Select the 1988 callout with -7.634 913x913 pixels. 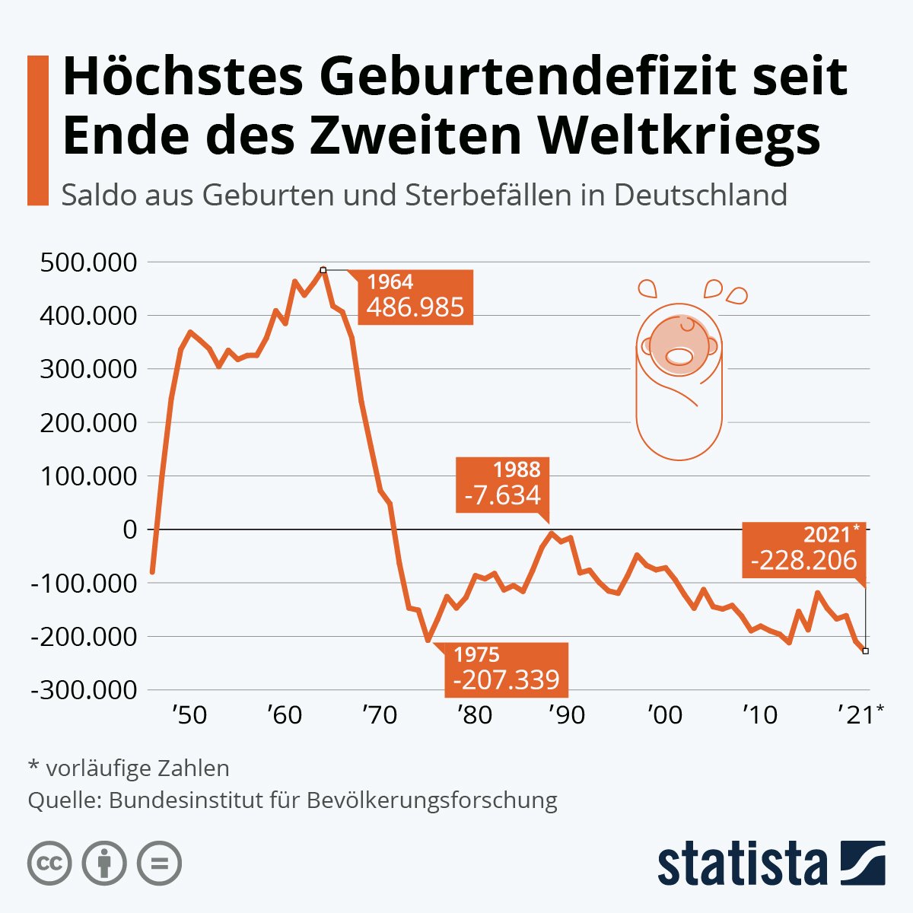[503, 484]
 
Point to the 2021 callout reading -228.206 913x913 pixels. [803, 550]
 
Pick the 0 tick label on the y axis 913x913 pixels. [129, 530]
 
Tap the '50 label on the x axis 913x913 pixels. [189, 715]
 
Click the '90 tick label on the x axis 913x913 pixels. [568, 715]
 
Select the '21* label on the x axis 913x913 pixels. [861, 715]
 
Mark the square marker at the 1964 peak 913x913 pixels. [323, 269]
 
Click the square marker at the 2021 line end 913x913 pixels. [866, 651]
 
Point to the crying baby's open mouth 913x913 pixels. [679, 355]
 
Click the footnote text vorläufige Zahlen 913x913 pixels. [138, 768]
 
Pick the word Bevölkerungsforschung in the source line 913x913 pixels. [432, 800]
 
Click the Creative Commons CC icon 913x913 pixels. [49, 864]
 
